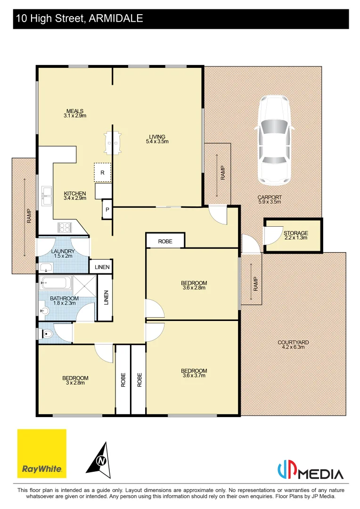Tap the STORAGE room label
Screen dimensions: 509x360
pyautogui.click(x=295, y=235)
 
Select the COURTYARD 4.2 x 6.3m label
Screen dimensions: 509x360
pyautogui.click(x=293, y=345)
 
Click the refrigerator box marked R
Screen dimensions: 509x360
pyautogui.click(x=102, y=172)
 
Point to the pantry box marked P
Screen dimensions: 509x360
pyautogui.click(x=107, y=210)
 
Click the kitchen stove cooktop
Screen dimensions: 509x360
pyautogui.click(x=64, y=227)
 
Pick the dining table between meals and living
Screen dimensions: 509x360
pyautogui.click(x=112, y=142)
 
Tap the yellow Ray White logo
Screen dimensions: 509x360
pyautogui.click(x=42, y=453)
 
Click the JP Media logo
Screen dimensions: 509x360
pyautogui.click(x=310, y=472)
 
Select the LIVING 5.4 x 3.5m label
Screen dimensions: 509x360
pyautogui.click(x=157, y=139)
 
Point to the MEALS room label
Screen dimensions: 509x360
pyautogui.click(x=75, y=113)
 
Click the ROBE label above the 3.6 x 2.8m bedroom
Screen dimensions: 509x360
pyautogui.click(x=165, y=241)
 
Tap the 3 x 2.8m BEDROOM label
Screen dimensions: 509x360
pyautogui.click(x=75, y=380)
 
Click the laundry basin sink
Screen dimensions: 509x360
pyautogui.click(x=46, y=268)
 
